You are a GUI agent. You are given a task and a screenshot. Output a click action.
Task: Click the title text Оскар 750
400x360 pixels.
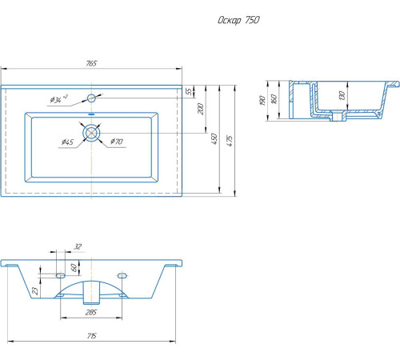(238, 20)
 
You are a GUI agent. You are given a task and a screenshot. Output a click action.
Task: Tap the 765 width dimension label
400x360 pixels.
(91, 63)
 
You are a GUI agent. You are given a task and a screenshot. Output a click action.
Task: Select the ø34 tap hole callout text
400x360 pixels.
(58, 99)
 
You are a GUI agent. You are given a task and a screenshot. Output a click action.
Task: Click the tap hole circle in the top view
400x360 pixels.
(91, 98)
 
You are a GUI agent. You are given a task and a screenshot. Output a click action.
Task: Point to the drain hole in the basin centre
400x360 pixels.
(91, 133)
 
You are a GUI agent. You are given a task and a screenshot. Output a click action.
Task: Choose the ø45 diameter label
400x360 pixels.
(67, 142)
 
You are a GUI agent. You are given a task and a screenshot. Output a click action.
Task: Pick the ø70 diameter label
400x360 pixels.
(117, 142)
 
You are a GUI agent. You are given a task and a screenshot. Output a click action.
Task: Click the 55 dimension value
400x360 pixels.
(189, 91)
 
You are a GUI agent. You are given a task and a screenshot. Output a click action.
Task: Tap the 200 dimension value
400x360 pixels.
(201, 109)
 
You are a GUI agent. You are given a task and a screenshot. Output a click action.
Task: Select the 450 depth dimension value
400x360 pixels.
(214, 138)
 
